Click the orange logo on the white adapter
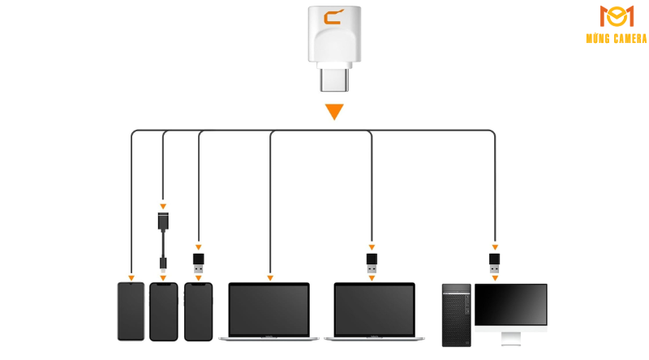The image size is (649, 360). [333, 17]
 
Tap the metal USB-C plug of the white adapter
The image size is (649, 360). [333, 80]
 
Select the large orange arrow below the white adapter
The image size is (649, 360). [334, 112]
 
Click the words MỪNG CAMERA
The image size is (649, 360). [617, 39]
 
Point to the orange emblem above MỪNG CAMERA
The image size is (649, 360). [617, 16]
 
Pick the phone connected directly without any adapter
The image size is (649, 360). [131, 311]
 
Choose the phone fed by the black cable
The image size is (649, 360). [163, 311]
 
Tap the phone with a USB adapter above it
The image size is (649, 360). [198, 311]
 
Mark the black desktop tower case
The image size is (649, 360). [456, 315]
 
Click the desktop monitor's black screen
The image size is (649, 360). [511, 306]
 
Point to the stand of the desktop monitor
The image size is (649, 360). [511, 337]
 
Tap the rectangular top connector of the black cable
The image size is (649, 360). [163, 221]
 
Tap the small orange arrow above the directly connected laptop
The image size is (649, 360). [270, 278]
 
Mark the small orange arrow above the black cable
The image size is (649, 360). [163, 206]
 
